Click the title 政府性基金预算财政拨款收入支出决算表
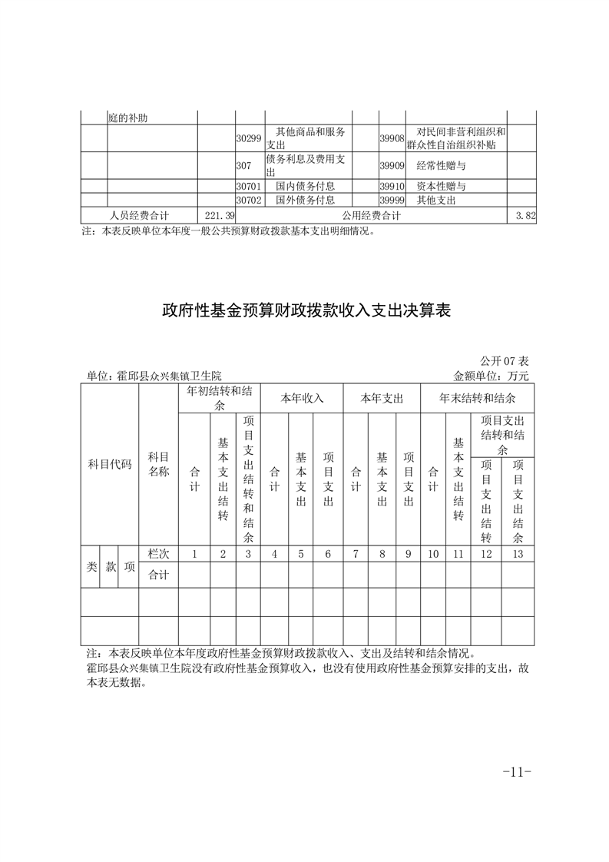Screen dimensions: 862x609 (305, 311)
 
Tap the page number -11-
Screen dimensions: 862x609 (516, 772)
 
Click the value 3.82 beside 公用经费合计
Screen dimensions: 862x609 (525, 216)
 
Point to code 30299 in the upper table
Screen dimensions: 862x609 (249, 138)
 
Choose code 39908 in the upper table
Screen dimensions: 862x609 (392, 138)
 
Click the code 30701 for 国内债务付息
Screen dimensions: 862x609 (249, 186)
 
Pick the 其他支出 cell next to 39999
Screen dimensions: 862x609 (436, 200)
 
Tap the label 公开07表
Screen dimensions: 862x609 (505, 360)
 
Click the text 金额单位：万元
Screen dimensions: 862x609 (492, 376)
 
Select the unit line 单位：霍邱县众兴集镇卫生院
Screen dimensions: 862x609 (154, 376)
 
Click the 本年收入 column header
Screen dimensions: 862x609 (302, 399)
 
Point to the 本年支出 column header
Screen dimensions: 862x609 (382, 399)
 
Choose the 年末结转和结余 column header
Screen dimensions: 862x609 (477, 399)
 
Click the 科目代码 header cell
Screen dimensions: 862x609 (110, 465)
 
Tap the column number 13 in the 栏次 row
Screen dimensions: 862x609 (518, 554)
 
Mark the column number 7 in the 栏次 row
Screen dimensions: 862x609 (356, 554)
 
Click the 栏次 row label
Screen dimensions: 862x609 (158, 554)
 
